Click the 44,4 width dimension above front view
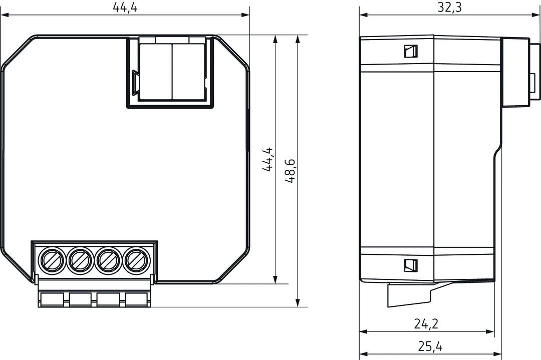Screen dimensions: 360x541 point(125,8)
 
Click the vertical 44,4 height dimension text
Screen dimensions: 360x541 point(268,160)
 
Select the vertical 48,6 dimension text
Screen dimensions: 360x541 point(290,171)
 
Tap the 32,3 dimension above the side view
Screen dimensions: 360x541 point(449,8)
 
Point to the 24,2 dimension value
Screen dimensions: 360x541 point(426,324)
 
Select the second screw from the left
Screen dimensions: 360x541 point(80,260)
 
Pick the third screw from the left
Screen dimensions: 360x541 point(108,260)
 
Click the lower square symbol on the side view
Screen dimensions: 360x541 point(411,265)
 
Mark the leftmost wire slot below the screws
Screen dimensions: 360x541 point(53,300)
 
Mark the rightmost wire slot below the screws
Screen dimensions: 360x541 point(137,300)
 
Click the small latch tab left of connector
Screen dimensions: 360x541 point(135,83)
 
